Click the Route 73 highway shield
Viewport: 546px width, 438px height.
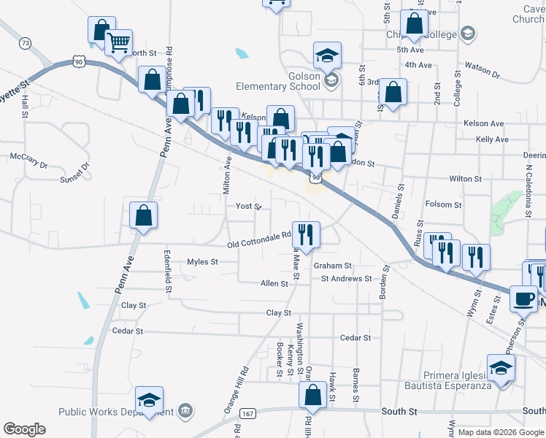pyautogui.click(x=26, y=44)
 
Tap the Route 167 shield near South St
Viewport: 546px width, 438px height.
pyautogui.click(x=248, y=414)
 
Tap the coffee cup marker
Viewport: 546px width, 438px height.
pyautogui.click(x=523, y=297)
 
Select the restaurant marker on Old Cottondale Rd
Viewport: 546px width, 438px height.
pyautogui.click(x=306, y=234)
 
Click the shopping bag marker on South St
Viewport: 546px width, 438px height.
pyautogui.click(x=312, y=395)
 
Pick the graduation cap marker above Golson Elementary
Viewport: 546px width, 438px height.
pyautogui.click(x=328, y=54)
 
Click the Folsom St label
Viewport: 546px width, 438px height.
pyautogui.click(x=443, y=205)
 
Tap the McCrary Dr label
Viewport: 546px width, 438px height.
pyautogui.click(x=28, y=157)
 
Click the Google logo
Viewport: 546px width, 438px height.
pyautogui.click(x=24, y=429)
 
